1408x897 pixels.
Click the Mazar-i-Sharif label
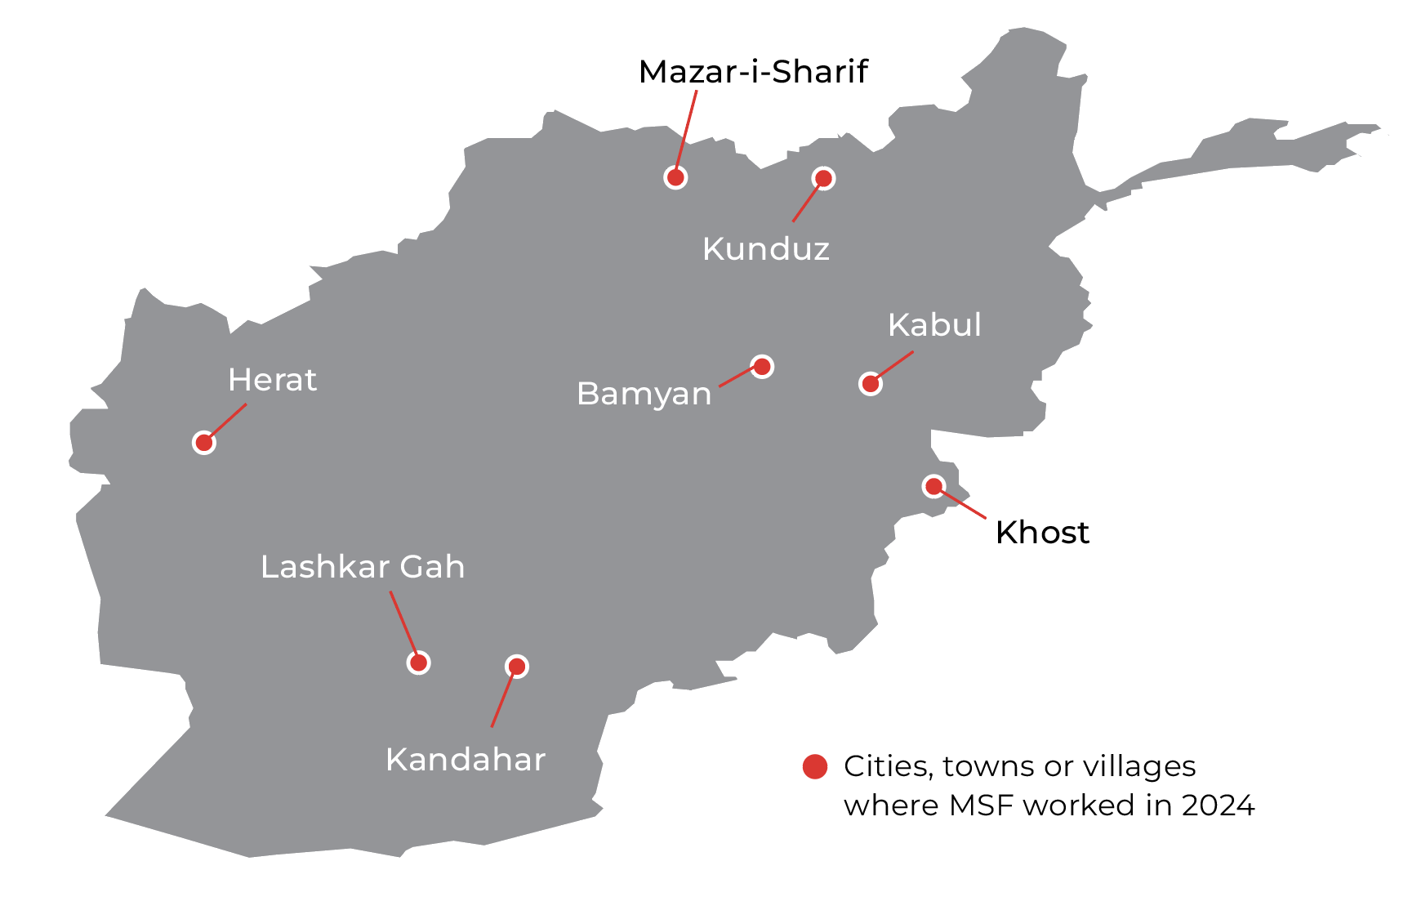point(752,72)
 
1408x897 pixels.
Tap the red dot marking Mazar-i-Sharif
point(675,177)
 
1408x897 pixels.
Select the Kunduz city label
point(765,249)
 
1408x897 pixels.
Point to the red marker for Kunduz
point(823,178)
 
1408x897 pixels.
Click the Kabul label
point(934,325)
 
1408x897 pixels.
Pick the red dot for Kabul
point(871,383)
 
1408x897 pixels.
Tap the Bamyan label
point(644,394)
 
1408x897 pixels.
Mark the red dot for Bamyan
point(762,367)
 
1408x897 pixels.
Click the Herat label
point(272,380)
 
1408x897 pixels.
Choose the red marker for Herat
point(204,443)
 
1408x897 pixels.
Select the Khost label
point(1042,533)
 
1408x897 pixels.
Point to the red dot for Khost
point(933,486)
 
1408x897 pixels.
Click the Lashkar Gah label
point(363,567)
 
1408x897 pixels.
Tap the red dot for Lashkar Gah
point(418,663)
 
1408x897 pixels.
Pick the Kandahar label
point(466,760)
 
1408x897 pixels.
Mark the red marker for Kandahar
point(517,667)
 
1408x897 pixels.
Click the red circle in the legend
point(815,766)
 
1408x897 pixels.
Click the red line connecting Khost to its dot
point(964,505)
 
